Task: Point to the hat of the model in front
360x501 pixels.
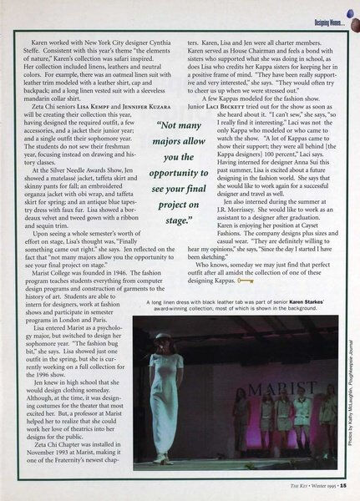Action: point(163,338)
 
